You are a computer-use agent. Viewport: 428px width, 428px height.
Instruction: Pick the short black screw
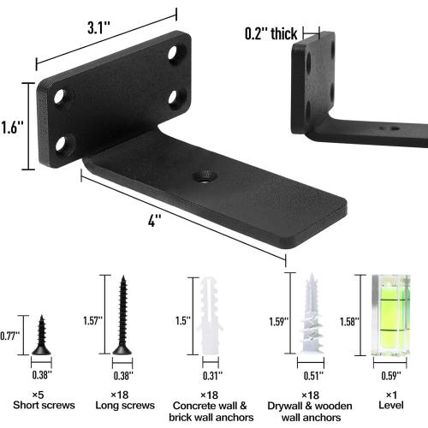[x=40, y=336]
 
